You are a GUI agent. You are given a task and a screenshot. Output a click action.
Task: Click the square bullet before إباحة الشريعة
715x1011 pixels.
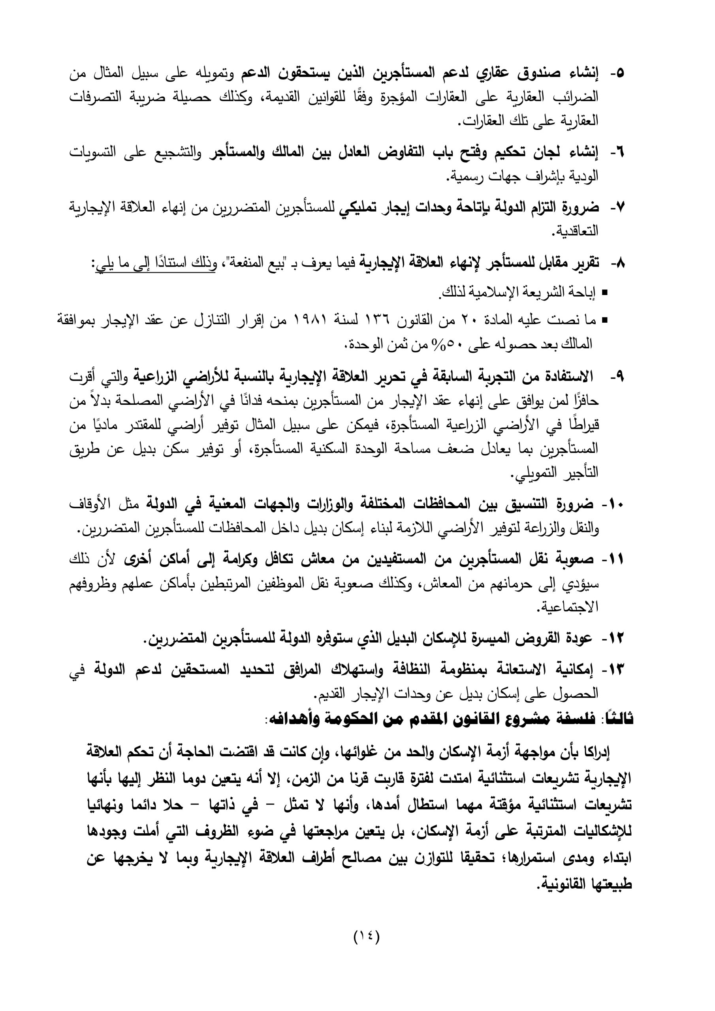[604, 292]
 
